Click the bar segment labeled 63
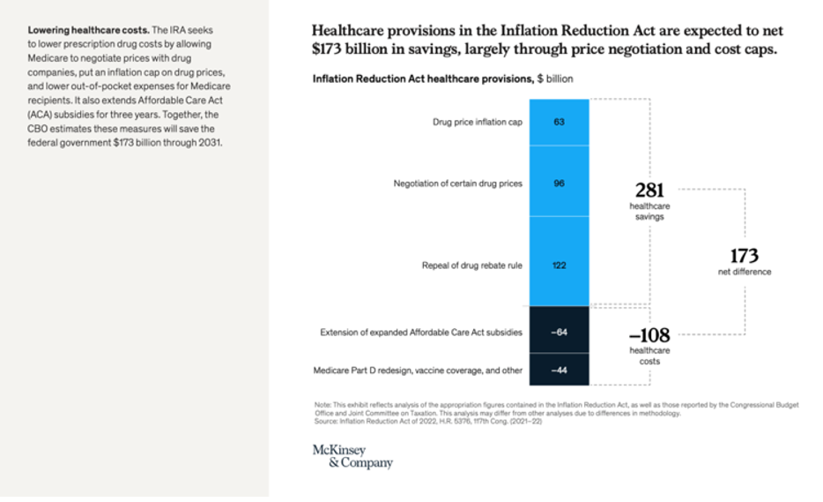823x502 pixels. point(559,122)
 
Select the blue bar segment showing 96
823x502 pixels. point(559,184)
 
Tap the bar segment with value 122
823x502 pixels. point(559,266)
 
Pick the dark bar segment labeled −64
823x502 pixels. point(559,333)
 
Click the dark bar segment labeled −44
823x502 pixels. point(559,371)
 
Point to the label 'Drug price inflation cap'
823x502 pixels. point(477,122)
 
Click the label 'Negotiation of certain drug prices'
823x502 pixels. point(457,184)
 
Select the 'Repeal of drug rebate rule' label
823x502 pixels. point(471,266)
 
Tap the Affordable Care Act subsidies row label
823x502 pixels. point(420,333)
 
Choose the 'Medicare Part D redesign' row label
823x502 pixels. point(418,371)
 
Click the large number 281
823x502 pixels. point(649,190)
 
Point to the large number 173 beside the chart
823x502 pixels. point(744,256)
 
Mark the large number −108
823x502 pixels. point(649,335)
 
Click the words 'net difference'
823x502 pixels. point(744,272)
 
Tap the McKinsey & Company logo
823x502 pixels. point(352,456)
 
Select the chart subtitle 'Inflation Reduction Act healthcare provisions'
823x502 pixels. point(422,79)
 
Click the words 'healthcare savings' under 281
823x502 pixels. point(649,211)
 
